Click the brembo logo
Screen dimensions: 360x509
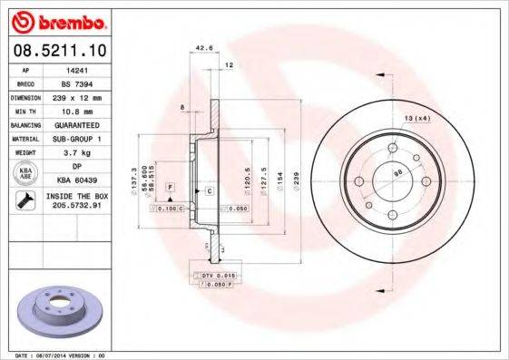(58, 21)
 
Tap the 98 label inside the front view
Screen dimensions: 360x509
(396, 173)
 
